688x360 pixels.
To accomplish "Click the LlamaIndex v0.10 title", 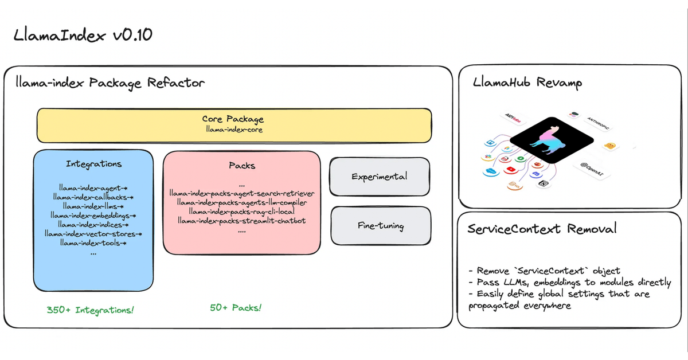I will pos(83,36).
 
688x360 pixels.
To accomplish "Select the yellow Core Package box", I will pos(234,124).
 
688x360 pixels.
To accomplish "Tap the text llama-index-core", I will pos(233,129).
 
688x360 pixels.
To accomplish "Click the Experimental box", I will pos(380,177).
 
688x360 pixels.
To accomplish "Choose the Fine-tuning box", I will pos(380,226).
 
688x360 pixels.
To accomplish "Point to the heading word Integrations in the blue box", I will pos(93,164).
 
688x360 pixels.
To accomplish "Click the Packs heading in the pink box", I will pos(241,166).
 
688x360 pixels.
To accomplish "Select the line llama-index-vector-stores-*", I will pos(93,234).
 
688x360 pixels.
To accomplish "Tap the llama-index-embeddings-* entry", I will pos(93,216).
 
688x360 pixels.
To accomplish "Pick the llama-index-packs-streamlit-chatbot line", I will pos(241,221).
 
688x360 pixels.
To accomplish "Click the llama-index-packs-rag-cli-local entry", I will pos(241,212).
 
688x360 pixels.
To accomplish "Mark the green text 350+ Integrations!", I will pos(91,310).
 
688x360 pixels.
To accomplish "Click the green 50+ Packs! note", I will pos(236,308).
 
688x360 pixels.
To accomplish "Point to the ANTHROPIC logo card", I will pos(598,122).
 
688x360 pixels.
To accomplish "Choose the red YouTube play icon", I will pos(510,170).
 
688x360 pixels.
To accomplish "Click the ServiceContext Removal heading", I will pos(542,229).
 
